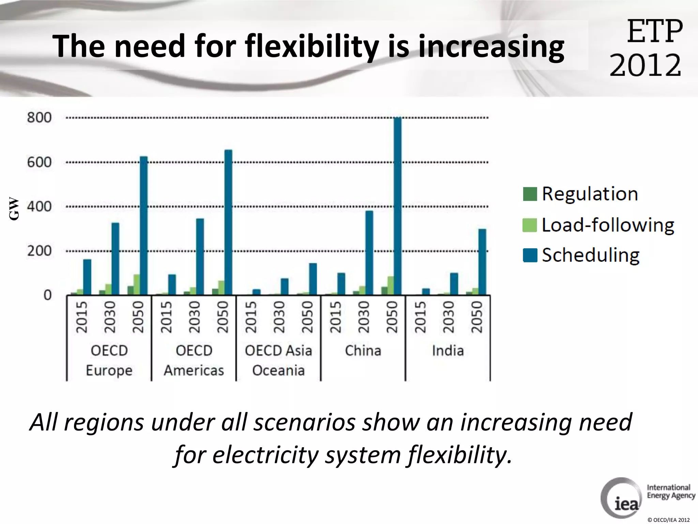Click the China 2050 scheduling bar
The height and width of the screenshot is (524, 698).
[397, 206]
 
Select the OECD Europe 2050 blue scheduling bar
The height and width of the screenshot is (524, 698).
[144, 225]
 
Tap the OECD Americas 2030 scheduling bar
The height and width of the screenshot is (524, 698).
[200, 257]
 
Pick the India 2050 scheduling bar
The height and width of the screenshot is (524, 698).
[482, 262]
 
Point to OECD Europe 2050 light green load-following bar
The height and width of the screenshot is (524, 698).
[137, 285]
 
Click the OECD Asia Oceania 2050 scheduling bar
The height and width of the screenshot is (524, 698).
[313, 279]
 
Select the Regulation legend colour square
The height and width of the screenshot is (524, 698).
[530, 194]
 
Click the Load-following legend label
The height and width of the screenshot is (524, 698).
[608, 225]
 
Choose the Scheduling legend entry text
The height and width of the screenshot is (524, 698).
[591, 255]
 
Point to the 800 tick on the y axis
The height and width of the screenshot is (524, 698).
[39, 118]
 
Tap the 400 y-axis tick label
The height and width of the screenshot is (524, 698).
[39, 206]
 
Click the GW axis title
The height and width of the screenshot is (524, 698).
[14, 208]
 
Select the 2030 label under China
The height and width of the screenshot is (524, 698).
[364, 317]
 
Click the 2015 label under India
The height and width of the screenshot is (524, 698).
[420, 317]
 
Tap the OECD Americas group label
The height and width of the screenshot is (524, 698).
[194, 360]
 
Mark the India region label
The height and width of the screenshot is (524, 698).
[448, 351]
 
